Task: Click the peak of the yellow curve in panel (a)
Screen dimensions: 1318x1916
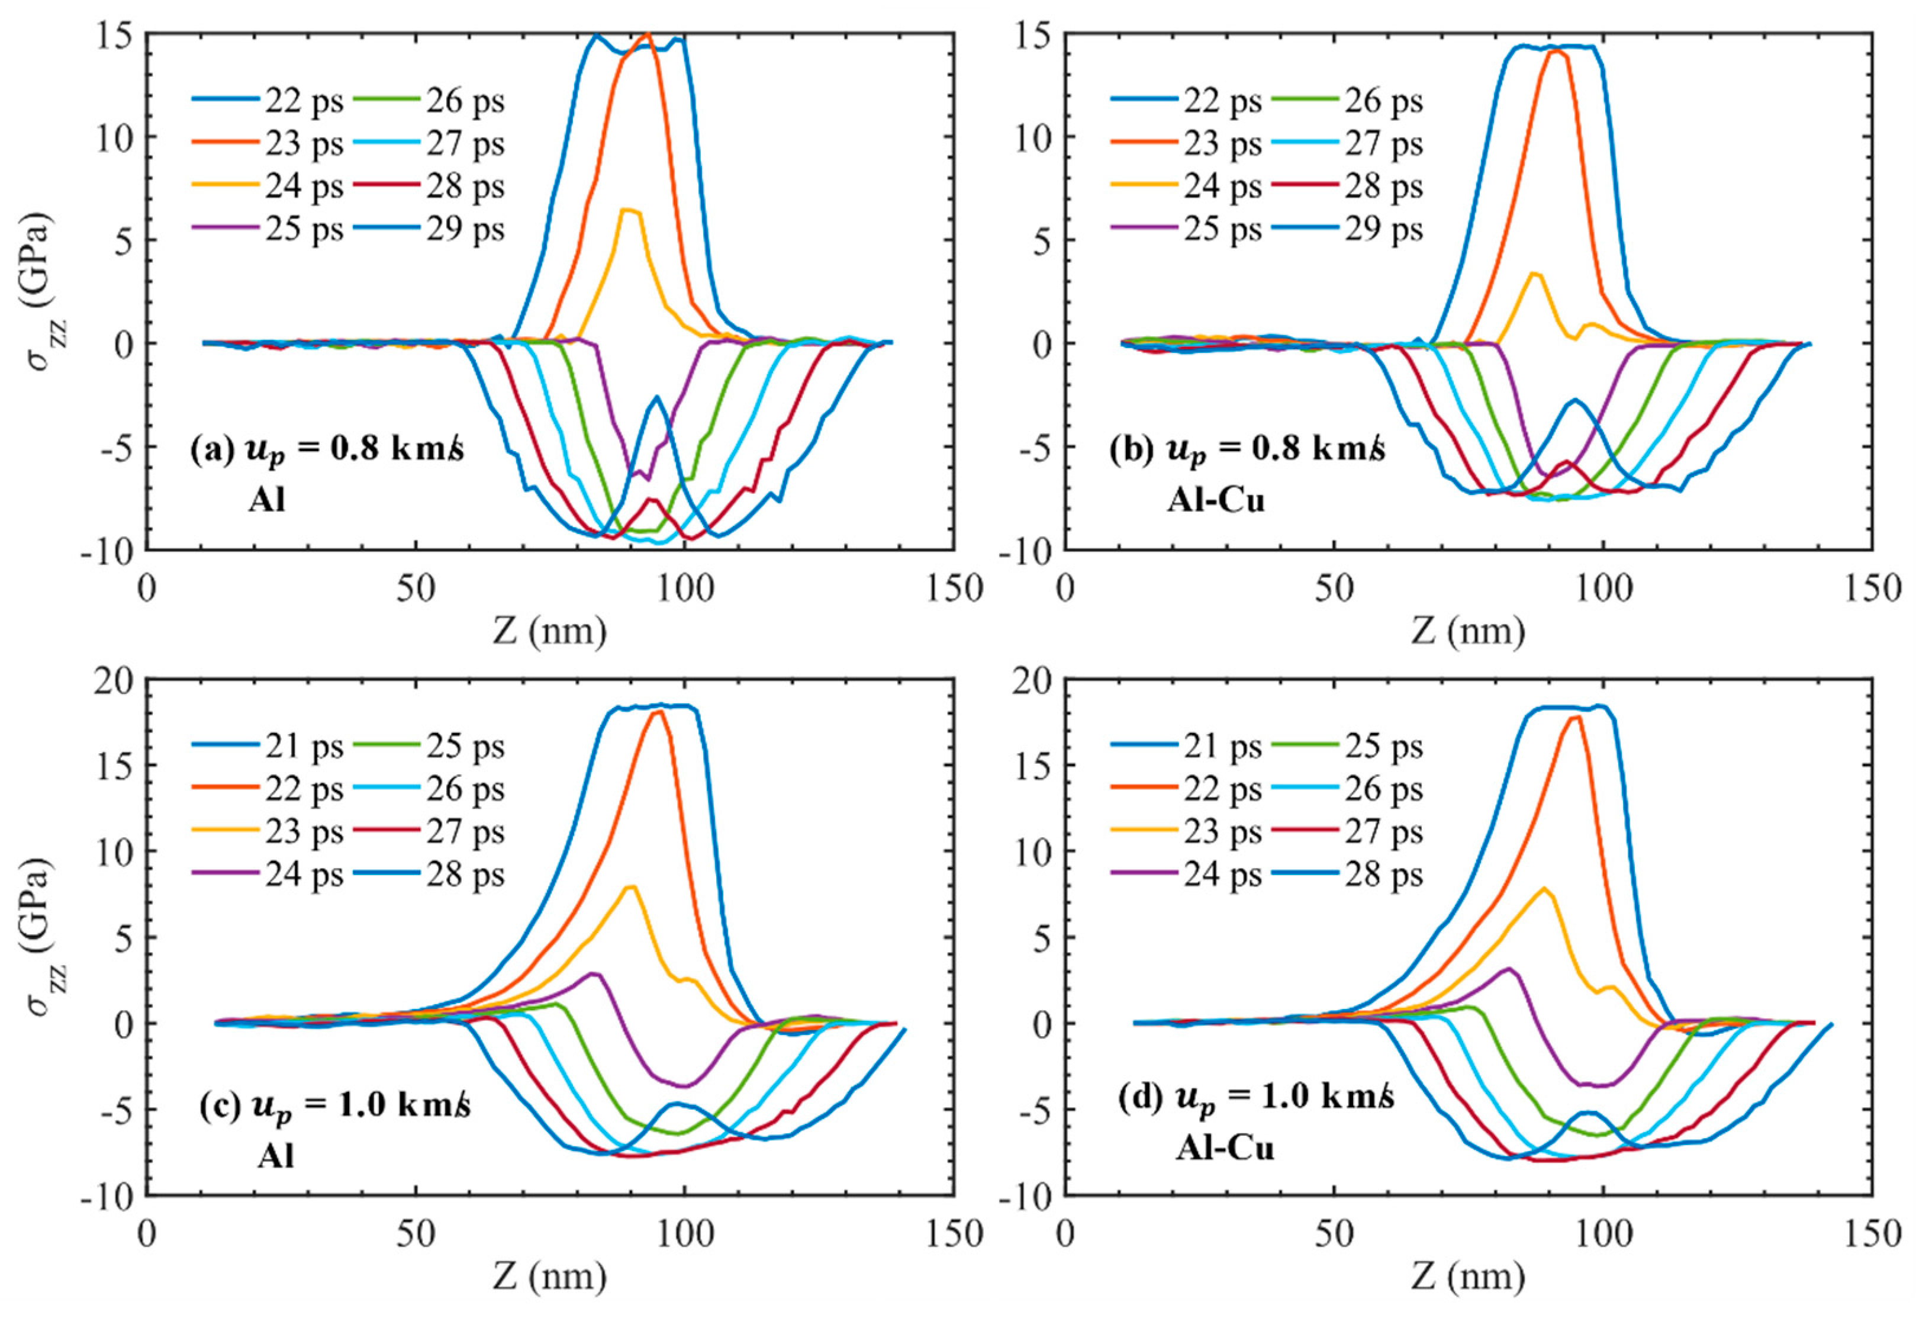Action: pyautogui.click(x=630, y=210)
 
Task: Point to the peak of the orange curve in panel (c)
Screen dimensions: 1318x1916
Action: pyautogui.click(x=658, y=711)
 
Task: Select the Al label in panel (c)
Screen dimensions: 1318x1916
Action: pyautogui.click(x=276, y=1155)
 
